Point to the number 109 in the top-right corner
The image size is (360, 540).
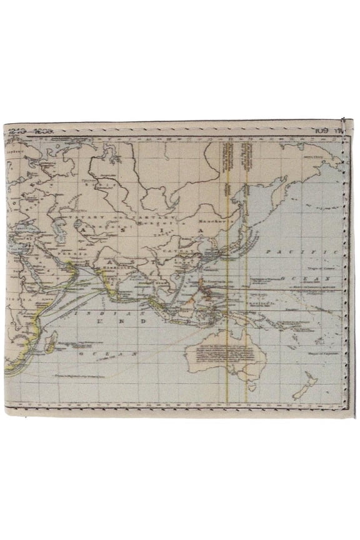[x=322, y=131]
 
